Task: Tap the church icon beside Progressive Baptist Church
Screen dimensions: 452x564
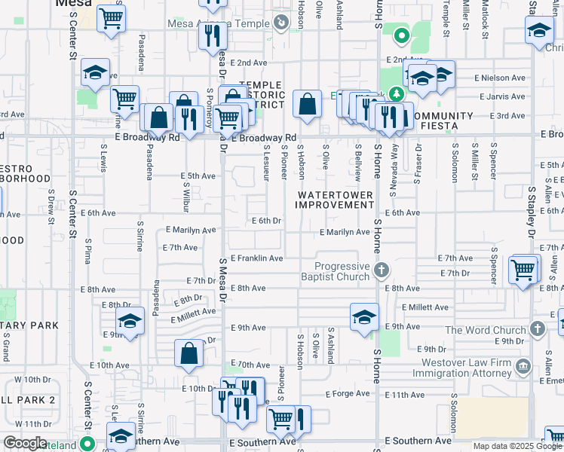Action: [382, 270]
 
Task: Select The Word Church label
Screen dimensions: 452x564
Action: [486, 330]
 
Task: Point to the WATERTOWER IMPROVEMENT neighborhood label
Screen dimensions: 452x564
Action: [336, 200]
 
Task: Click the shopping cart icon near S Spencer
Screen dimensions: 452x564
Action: [523, 269]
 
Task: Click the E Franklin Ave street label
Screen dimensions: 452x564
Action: [256, 258]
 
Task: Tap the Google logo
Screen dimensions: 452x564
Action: [25, 443]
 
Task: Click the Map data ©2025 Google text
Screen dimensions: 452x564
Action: [518, 446]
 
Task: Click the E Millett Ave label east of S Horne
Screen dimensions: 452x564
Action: [425, 307]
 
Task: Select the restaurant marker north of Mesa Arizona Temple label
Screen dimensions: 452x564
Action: [213, 35]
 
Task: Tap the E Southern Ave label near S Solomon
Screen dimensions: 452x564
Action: [418, 440]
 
